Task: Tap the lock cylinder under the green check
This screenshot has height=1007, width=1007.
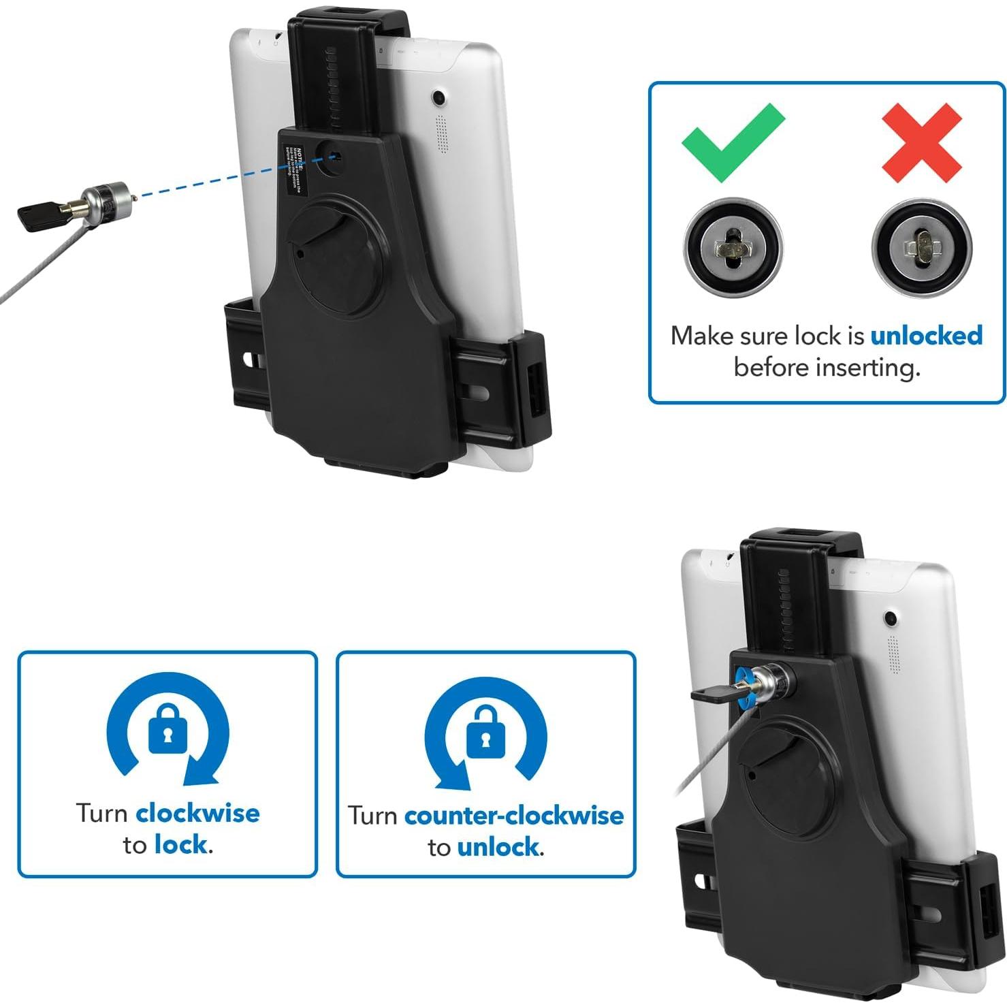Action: tap(733, 246)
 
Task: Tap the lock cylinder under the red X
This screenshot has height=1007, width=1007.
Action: tap(921, 246)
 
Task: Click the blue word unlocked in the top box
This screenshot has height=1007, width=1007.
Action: tap(926, 336)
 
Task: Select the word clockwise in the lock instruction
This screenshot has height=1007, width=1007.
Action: tap(197, 813)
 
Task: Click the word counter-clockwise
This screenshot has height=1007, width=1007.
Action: tap(514, 815)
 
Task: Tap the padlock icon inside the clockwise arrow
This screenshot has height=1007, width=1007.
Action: tap(167, 729)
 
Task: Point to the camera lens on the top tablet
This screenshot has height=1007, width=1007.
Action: tap(439, 98)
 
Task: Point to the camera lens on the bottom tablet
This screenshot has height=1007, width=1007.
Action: tap(890, 619)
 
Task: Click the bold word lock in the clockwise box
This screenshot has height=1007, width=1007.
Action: tap(180, 845)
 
